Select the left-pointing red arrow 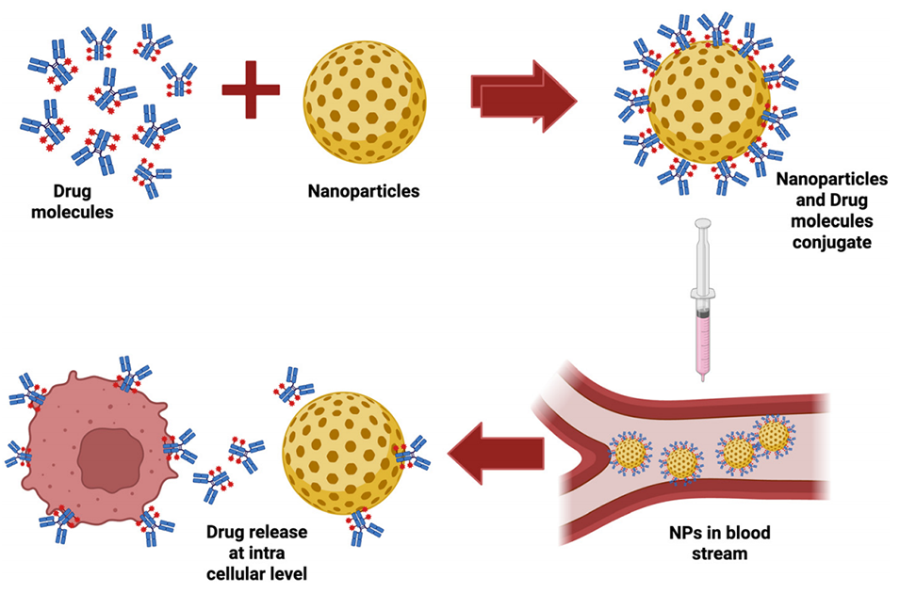(495, 453)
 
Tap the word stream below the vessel (721, 553)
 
